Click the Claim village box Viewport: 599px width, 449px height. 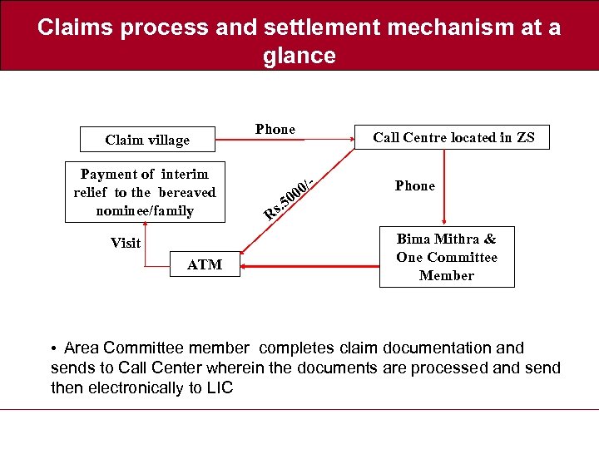click(147, 140)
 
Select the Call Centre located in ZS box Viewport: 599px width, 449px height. click(453, 137)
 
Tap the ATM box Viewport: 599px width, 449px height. click(205, 264)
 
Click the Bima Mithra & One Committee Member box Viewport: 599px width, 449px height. click(447, 257)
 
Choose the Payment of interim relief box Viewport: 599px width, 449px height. click(145, 192)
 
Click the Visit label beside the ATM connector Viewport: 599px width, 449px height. click(126, 243)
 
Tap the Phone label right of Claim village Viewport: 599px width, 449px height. click(275, 129)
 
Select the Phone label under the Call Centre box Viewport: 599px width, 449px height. click(415, 185)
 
